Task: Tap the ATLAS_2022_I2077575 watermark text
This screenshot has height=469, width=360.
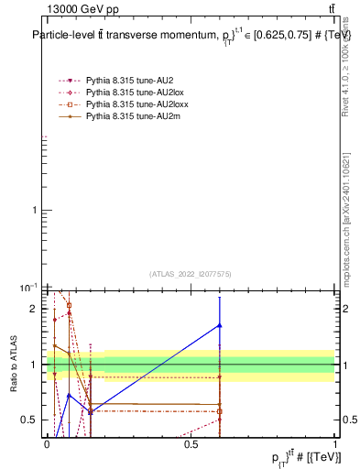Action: [191, 273]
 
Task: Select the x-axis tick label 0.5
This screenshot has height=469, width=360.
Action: [191, 443]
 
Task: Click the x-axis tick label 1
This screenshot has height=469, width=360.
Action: [334, 443]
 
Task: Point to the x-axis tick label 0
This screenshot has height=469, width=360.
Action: [47, 443]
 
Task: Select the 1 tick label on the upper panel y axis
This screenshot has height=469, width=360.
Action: [38, 211]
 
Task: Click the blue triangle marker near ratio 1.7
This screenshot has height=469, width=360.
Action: [220, 325]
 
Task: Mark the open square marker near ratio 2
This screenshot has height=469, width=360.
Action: [69, 305]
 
